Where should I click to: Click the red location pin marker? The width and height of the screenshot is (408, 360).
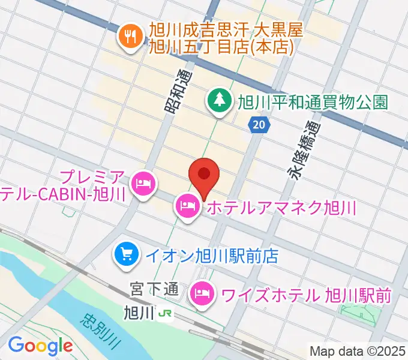point(204,175)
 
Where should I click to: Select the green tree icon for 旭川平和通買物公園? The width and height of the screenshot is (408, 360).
point(218,101)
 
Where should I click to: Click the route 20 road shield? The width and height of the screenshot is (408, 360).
point(259,125)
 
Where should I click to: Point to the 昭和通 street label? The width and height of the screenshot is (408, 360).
point(175,91)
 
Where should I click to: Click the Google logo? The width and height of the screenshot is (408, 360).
point(40,346)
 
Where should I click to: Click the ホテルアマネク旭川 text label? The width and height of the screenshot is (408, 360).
point(281,209)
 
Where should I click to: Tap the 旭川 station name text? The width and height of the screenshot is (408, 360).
point(139,313)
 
